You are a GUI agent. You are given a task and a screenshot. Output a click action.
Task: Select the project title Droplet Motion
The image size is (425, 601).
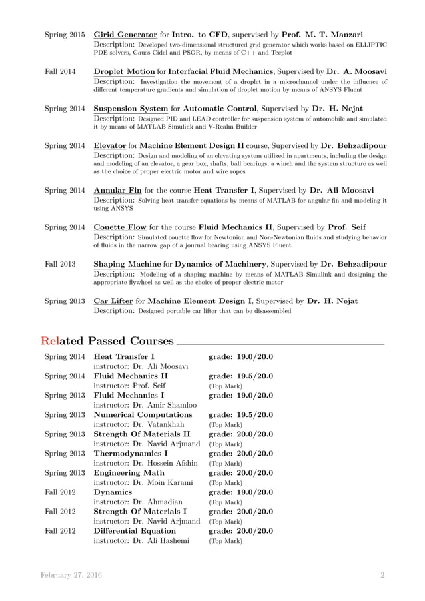[123, 71]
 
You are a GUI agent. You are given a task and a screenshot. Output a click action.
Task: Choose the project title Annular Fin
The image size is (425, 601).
[117, 190]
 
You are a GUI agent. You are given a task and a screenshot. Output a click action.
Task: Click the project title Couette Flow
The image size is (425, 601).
[120, 227]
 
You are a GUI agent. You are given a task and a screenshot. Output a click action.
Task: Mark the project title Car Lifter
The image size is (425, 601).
[113, 301]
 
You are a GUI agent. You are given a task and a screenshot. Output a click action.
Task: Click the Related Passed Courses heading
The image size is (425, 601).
[107, 342]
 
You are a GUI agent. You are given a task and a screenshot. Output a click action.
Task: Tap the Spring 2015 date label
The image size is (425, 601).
[64, 34]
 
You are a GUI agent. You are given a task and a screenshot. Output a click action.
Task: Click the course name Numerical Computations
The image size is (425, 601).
[143, 414]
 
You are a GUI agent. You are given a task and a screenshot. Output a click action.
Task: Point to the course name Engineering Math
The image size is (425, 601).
[131, 472]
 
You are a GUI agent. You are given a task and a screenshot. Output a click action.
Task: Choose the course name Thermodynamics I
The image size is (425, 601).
[130, 453]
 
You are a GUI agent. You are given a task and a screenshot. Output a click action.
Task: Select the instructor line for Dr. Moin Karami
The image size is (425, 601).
[143, 482]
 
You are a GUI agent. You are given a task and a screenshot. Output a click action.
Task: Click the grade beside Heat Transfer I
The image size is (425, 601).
[240, 357]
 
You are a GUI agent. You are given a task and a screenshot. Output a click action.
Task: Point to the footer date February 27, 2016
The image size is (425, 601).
[71, 574]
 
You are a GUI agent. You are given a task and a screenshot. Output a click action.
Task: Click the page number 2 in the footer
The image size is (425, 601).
[382, 574]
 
